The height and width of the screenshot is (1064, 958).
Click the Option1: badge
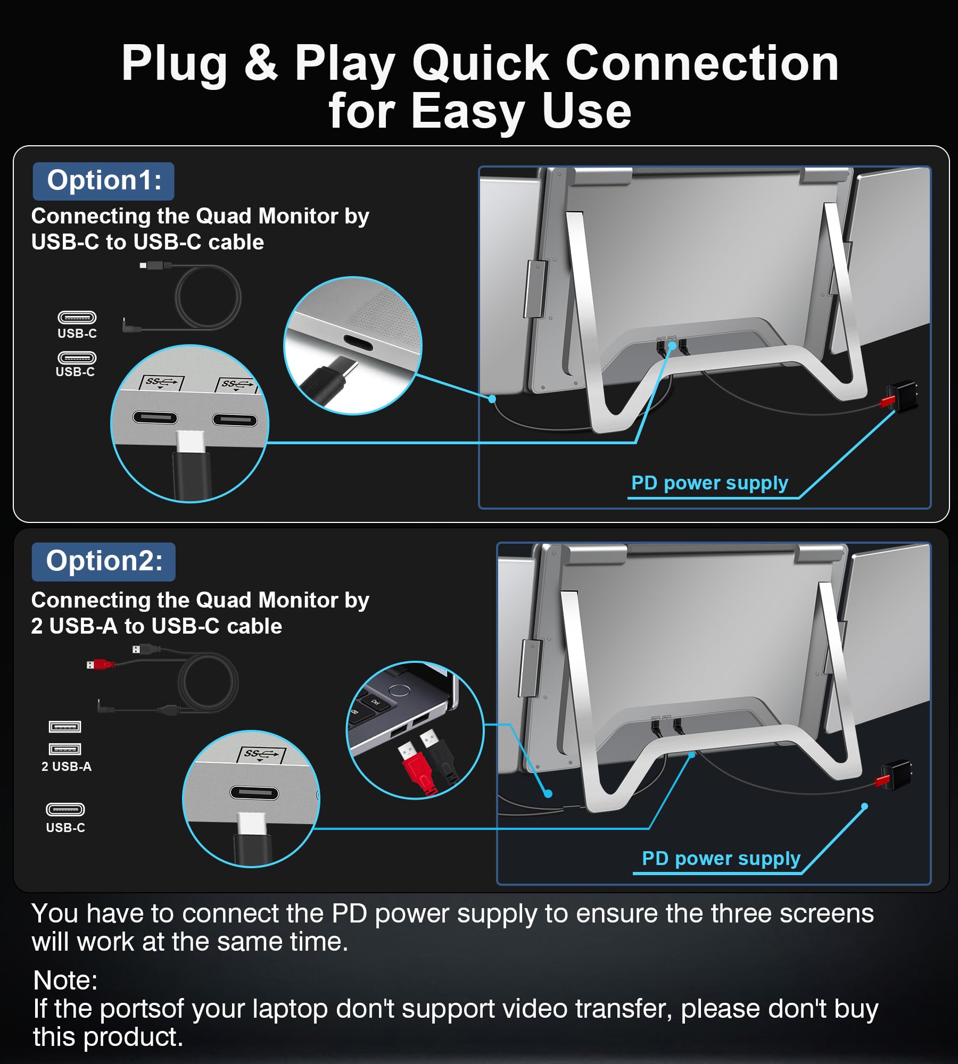(104, 181)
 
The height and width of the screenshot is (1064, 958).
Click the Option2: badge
(104, 561)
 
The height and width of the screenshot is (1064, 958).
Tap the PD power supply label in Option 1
(709, 483)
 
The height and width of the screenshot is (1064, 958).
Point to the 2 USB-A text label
(67, 767)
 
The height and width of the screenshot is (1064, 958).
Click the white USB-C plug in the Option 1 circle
(191, 442)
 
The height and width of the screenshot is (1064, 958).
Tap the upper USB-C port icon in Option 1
(77, 318)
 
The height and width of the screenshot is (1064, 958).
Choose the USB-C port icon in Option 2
(65, 809)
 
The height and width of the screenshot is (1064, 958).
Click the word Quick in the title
(480, 64)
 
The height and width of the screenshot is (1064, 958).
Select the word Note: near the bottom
(65, 980)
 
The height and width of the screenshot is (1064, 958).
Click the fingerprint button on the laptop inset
(399, 691)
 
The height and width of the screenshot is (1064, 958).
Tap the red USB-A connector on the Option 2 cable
(100, 664)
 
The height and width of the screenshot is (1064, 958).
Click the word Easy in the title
(468, 112)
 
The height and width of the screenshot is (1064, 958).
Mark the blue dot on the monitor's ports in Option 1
(672, 346)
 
